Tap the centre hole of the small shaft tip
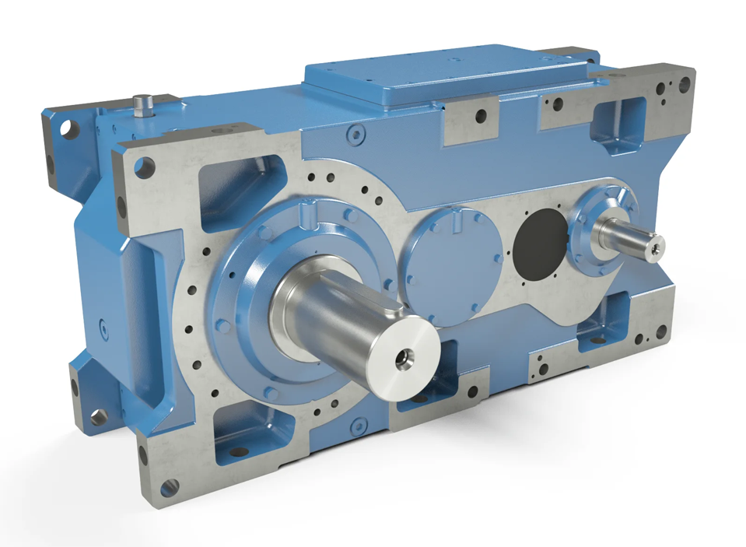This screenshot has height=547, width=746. [658, 247]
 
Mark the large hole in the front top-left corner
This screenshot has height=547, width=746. [145, 165]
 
